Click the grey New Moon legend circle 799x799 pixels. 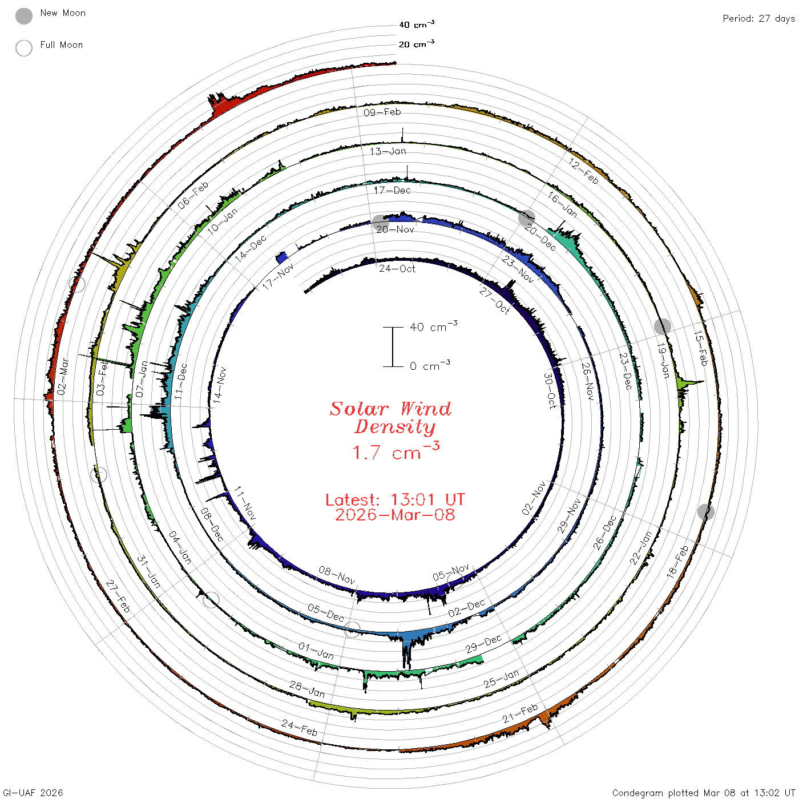[24, 16]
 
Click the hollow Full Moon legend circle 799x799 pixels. [24, 48]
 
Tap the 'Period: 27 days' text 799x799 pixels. [759, 19]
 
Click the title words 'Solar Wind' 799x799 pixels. [390, 409]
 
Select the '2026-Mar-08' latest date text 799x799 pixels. [395, 515]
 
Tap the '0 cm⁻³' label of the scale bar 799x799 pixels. [430, 365]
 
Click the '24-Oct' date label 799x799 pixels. [397, 269]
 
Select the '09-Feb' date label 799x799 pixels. [382, 112]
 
